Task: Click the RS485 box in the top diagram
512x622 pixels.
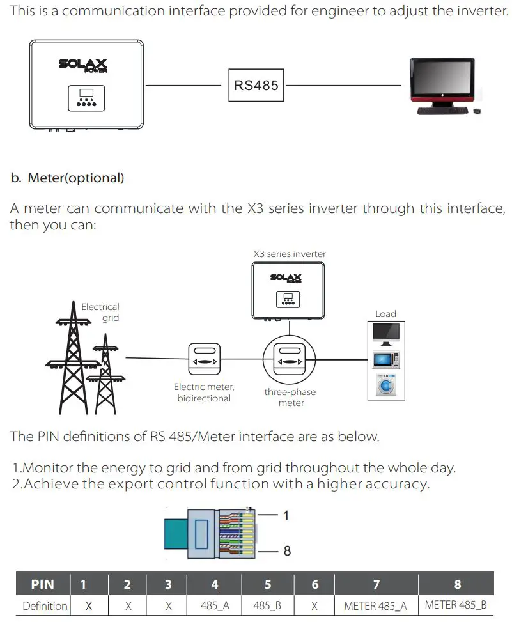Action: click(x=256, y=85)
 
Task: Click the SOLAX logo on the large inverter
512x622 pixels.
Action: click(x=83, y=65)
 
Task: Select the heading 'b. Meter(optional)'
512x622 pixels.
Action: click(x=67, y=178)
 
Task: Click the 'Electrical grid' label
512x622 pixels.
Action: click(x=100, y=312)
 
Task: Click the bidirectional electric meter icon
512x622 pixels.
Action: click(x=205, y=362)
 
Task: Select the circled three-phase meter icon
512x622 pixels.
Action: click(x=290, y=362)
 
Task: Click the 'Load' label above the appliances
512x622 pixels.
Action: click(x=385, y=314)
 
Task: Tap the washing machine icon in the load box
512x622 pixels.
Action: click(x=385, y=387)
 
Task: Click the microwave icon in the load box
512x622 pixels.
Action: click(x=385, y=360)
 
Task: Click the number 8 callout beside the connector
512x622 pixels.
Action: click(x=287, y=550)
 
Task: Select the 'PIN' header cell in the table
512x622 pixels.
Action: click(x=42, y=584)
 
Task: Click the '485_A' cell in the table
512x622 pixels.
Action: click(x=214, y=605)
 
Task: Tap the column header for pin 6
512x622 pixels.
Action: click(x=314, y=584)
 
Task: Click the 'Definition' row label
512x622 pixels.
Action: click(x=44, y=605)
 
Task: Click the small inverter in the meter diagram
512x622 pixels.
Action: click(x=285, y=291)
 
